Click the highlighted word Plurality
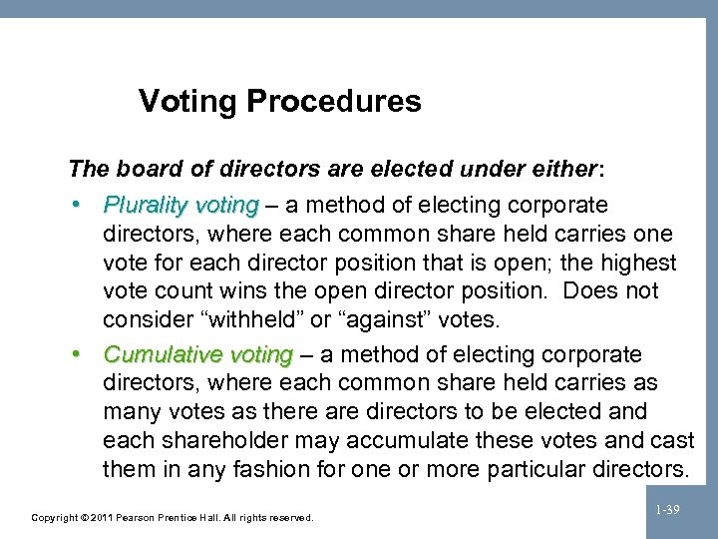tap(147, 206)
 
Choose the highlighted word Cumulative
tap(163, 355)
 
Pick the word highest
tap(636, 264)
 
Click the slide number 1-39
tap(667, 510)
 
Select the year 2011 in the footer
tap(102, 518)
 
